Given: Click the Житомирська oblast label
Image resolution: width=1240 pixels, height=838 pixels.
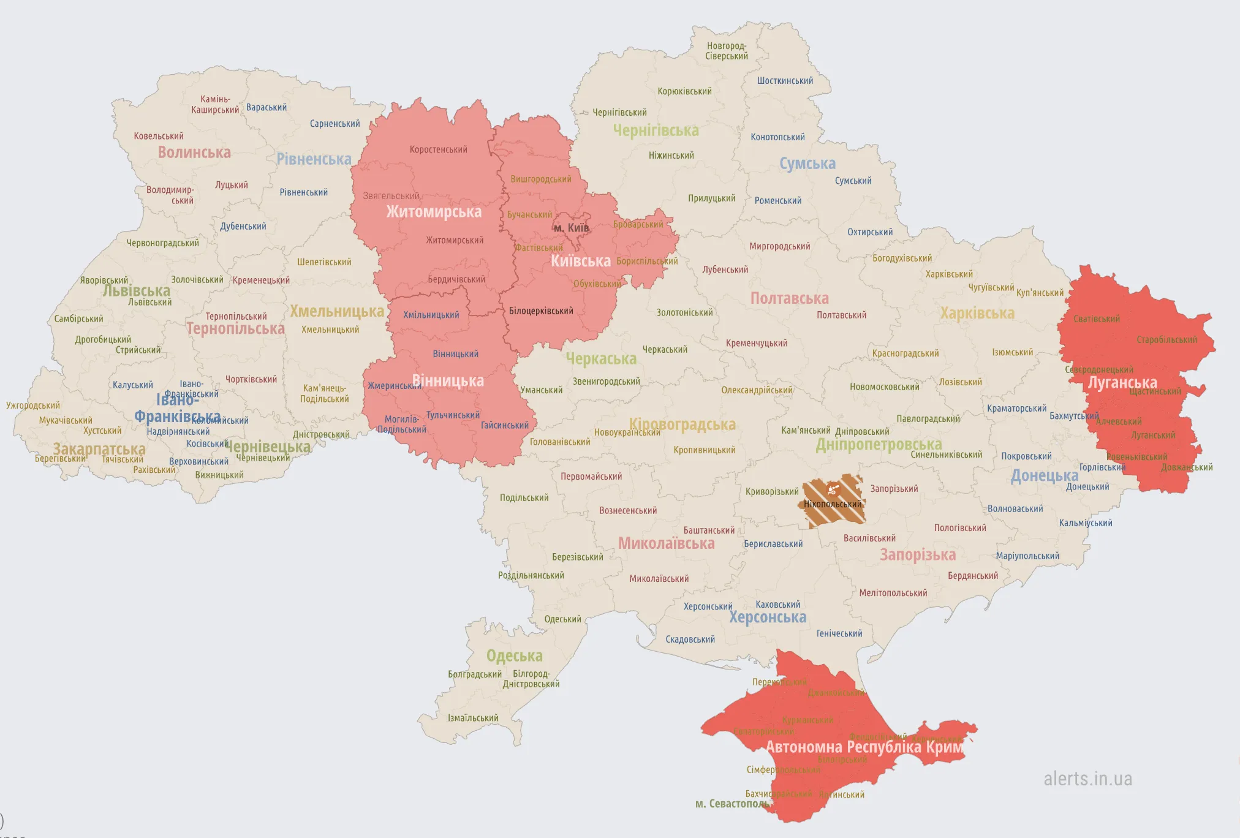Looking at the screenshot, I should tap(434, 212).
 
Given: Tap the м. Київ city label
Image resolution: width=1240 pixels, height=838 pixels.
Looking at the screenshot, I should tap(571, 228).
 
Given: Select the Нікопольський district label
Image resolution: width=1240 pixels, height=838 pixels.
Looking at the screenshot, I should tap(833, 504).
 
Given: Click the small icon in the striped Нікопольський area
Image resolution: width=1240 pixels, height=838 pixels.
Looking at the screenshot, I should tap(832, 489).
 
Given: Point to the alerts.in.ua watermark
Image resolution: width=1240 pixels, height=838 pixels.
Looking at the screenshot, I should tap(1087, 779).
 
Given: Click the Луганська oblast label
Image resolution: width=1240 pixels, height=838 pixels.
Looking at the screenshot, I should tap(1122, 383).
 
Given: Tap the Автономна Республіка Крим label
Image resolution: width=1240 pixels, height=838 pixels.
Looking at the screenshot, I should tap(864, 747).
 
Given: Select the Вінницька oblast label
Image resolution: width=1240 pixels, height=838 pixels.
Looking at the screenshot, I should tap(448, 380).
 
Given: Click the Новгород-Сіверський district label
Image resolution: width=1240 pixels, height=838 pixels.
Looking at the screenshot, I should tap(727, 51).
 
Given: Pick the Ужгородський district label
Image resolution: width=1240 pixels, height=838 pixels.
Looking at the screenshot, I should tap(33, 406).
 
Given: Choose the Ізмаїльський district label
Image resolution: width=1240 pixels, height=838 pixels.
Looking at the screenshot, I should tap(473, 718).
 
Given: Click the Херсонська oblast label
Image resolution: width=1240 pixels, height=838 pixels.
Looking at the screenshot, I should tap(768, 617).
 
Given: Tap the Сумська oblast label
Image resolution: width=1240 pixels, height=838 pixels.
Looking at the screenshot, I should tap(807, 164).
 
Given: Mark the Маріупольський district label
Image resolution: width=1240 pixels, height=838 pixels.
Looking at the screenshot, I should tap(1027, 556).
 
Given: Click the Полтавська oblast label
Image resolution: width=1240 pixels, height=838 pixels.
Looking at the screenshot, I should tap(789, 298).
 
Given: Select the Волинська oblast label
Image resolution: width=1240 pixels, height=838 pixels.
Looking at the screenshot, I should tap(194, 153).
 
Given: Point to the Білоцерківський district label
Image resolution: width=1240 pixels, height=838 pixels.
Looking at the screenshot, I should tap(541, 311).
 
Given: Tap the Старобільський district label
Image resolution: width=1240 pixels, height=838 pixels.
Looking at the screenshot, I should tap(1166, 340).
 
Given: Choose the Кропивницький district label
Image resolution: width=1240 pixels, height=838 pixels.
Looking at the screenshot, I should tap(705, 450).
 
